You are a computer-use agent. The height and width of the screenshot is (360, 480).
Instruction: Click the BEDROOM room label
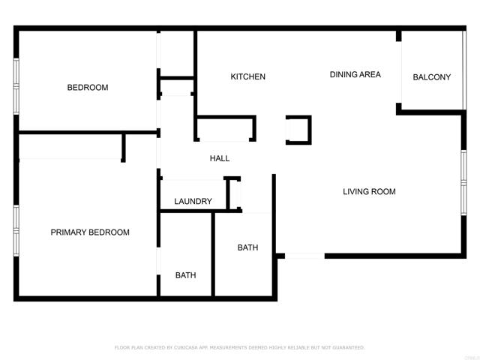pyautogui.click(x=88, y=88)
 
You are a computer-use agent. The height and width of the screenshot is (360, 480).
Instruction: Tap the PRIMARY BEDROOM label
pyautogui.click(x=90, y=232)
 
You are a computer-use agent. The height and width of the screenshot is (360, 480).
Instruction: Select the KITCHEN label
pyautogui.click(x=247, y=77)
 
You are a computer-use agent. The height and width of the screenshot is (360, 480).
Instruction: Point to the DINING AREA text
pyautogui.click(x=355, y=75)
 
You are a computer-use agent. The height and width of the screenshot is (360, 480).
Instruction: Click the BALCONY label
pyautogui.click(x=432, y=77)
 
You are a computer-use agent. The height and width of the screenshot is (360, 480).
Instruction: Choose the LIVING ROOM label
pyautogui.click(x=369, y=192)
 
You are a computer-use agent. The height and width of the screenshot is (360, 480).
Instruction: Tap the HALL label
pyautogui.click(x=220, y=159)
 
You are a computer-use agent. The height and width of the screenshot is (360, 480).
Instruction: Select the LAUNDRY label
pyautogui.click(x=193, y=202)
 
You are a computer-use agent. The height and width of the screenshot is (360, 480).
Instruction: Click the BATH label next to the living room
pyautogui.click(x=248, y=247)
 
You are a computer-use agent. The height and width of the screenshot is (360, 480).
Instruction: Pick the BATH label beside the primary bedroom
pyautogui.click(x=186, y=275)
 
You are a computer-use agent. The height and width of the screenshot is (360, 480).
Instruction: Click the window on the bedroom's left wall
pyautogui.click(x=16, y=86)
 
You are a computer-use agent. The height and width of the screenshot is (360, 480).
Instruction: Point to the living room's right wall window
pyautogui.click(x=463, y=182)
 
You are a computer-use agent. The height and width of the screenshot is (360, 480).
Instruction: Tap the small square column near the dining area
pyautogui.click(x=298, y=129)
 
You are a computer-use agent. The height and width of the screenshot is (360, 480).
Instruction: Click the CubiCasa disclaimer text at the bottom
pyautogui.click(x=239, y=348)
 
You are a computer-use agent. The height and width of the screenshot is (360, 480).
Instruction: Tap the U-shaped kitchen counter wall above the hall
pyautogui.click(x=225, y=128)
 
